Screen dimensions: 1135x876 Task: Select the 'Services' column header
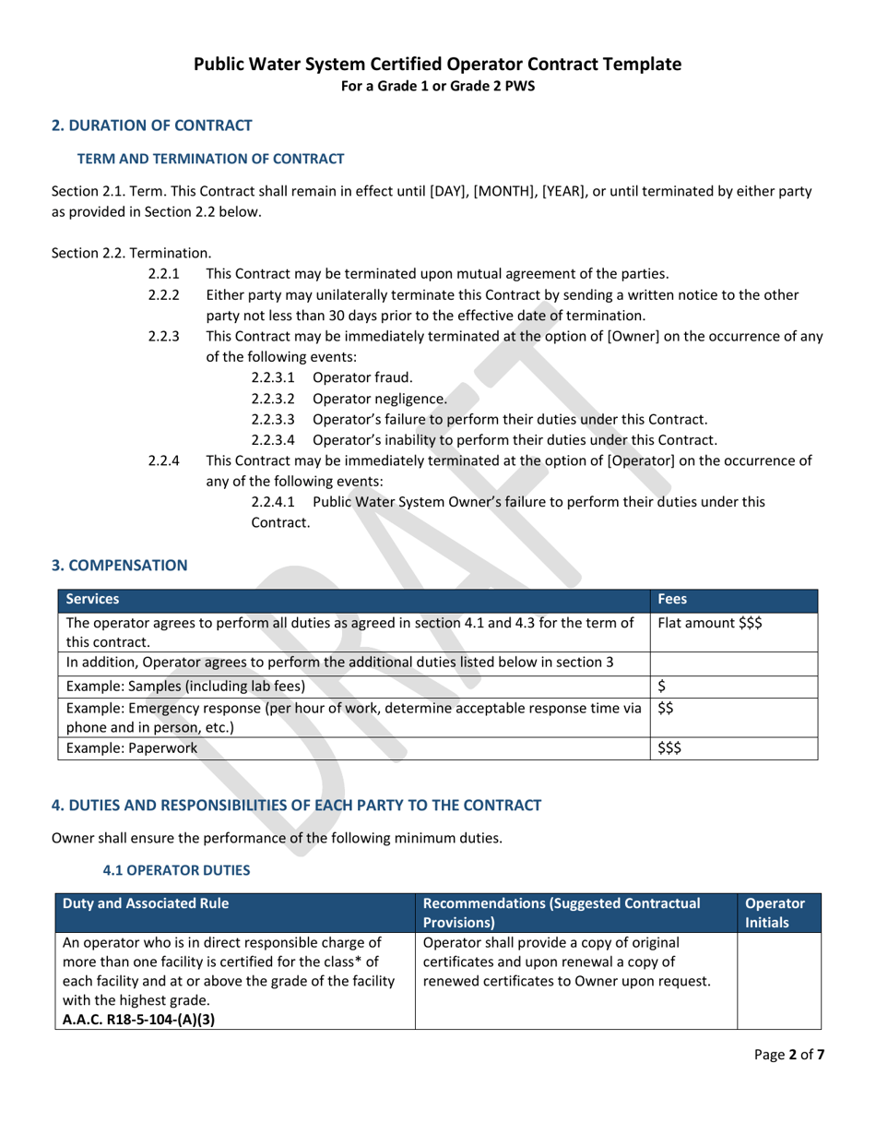[90, 598]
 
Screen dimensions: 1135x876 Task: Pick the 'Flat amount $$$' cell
[709, 622]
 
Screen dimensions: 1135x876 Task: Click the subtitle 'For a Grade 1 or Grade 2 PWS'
[438, 86]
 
